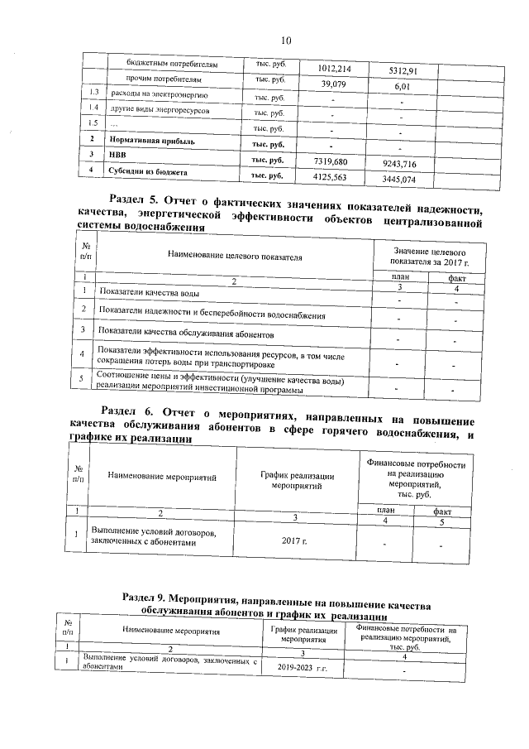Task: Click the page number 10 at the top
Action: pyautogui.click(x=286, y=39)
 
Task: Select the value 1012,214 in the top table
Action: pyautogui.click(x=334, y=69)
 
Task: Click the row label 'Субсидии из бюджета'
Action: pyautogui.click(x=147, y=171)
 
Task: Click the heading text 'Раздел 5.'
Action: pyautogui.click(x=135, y=199)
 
